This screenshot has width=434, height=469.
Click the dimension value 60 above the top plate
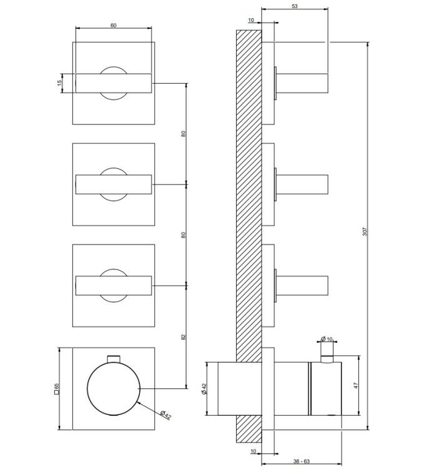tap(114, 26)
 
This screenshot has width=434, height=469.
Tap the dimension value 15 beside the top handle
tap(59, 83)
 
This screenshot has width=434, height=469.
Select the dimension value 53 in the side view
tap(295, 6)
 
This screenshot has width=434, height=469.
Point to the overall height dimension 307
tap(365, 231)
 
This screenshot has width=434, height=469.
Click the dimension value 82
tap(184, 337)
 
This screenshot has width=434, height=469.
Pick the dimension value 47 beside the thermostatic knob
tap(356, 385)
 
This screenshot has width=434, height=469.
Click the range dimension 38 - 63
tap(302, 461)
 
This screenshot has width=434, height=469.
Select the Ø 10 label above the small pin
tap(327, 339)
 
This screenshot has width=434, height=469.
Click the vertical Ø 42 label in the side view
tap(204, 389)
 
